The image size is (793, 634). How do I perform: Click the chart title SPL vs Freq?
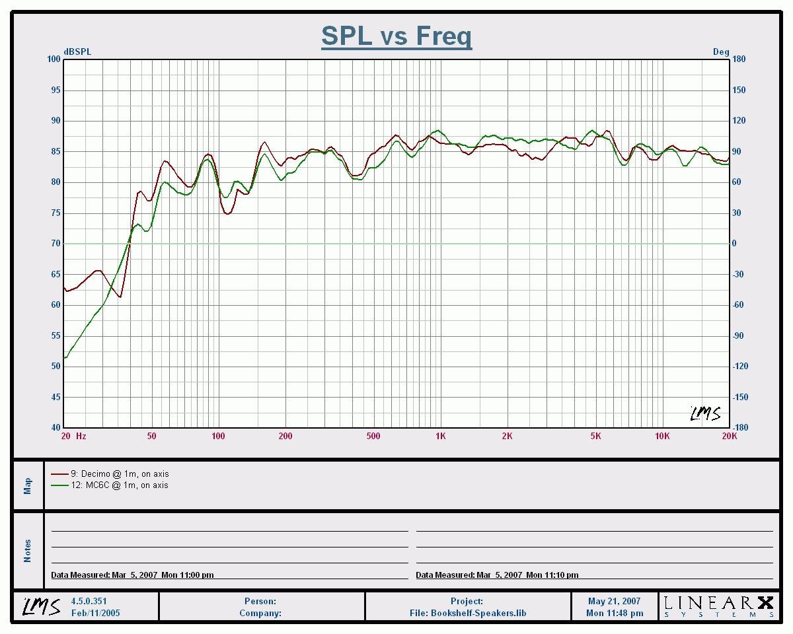[x=397, y=36]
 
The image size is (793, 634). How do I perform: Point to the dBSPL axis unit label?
[x=77, y=52]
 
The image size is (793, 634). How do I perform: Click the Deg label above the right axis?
[x=720, y=52]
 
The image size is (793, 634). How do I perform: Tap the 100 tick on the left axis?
[x=54, y=59]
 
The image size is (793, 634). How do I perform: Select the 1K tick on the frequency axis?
[x=440, y=436]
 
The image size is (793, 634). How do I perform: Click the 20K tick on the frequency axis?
[x=729, y=436]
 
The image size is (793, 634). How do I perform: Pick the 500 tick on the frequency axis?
[x=373, y=436]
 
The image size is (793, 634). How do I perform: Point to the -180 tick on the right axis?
[x=740, y=427]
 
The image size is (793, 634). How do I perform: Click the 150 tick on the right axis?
[x=739, y=90]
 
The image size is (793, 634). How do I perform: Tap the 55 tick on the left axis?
[x=56, y=335]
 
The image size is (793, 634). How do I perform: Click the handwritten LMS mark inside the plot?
[x=705, y=414]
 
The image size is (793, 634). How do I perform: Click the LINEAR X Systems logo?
[x=718, y=606]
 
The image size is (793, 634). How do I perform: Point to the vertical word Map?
[x=28, y=486]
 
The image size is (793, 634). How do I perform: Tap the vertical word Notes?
[x=28, y=551]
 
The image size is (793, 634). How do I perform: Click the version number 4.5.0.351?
[x=89, y=602]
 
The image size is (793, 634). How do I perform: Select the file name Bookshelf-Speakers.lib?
[x=478, y=613]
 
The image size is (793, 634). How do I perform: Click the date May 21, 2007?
[x=614, y=602]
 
